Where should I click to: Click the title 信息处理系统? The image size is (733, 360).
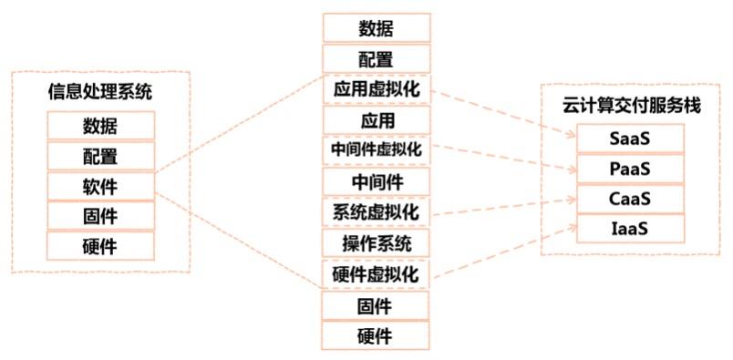100,91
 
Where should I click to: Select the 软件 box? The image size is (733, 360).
100,186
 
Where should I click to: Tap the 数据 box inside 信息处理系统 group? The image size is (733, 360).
100,126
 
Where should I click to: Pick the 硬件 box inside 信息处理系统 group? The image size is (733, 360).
100,245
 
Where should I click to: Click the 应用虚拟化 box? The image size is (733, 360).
376,90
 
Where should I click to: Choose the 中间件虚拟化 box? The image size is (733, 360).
376,150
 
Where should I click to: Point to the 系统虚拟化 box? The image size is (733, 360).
376,212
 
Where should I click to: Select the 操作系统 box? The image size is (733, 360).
376,243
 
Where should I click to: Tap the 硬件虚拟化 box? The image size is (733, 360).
376,273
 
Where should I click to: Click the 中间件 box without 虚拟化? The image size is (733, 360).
376,181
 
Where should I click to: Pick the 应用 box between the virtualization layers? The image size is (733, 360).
376,120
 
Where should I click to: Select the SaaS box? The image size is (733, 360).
630,139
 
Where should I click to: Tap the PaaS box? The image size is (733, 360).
630,169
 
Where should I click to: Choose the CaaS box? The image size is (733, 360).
630,198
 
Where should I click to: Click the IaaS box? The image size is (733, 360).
630,228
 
